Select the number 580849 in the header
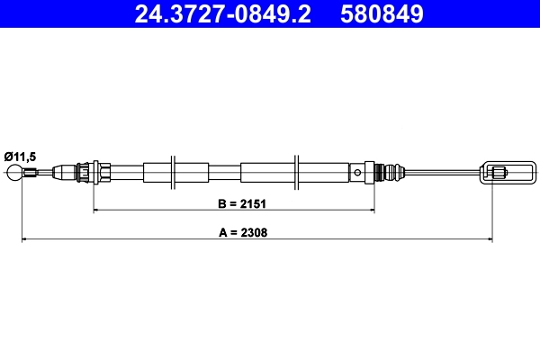coord(382,13)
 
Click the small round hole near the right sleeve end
coord(358,171)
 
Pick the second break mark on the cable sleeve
coord(297,171)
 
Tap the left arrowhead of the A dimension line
coord(24,239)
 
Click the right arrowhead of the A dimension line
coord(490,239)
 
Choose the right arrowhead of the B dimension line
coord(371,211)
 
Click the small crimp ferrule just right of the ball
coord(31,172)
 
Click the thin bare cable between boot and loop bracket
coord(441,171)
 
